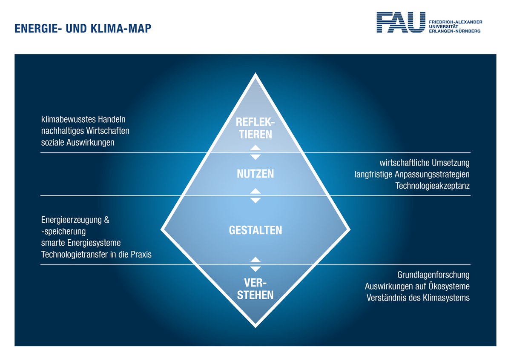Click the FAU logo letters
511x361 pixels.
[x=401, y=22]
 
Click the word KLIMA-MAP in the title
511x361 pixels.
[x=121, y=29]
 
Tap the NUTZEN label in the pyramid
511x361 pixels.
[x=255, y=174]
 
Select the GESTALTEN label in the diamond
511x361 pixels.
[x=255, y=230]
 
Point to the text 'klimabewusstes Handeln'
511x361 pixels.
[x=83, y=119]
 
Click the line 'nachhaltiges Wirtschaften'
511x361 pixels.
[x=85, y=131]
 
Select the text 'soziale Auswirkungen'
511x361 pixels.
[x=78, y=143]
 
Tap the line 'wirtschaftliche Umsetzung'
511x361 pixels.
[x=425, y=163]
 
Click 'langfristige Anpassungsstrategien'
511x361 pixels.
[x=412, y=175]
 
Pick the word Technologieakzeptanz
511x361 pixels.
[x=433, y=186]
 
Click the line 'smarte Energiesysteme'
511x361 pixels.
[x=81, y=243]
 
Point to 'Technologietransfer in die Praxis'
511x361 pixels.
[x=96, y=255]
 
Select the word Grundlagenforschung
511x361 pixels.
[x=433, y=275]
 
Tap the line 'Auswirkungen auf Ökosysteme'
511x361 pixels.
[x=417, y=286]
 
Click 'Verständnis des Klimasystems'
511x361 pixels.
[x=418, y=298]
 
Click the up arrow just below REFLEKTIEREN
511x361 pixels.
[x=255, y=148]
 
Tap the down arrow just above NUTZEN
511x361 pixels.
[x=255, y=157]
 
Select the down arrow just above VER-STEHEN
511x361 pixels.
[x=255, y=269]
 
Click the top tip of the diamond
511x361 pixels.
[x=255, y=73]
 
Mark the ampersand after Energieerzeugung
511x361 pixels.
[x=106, y=220]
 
